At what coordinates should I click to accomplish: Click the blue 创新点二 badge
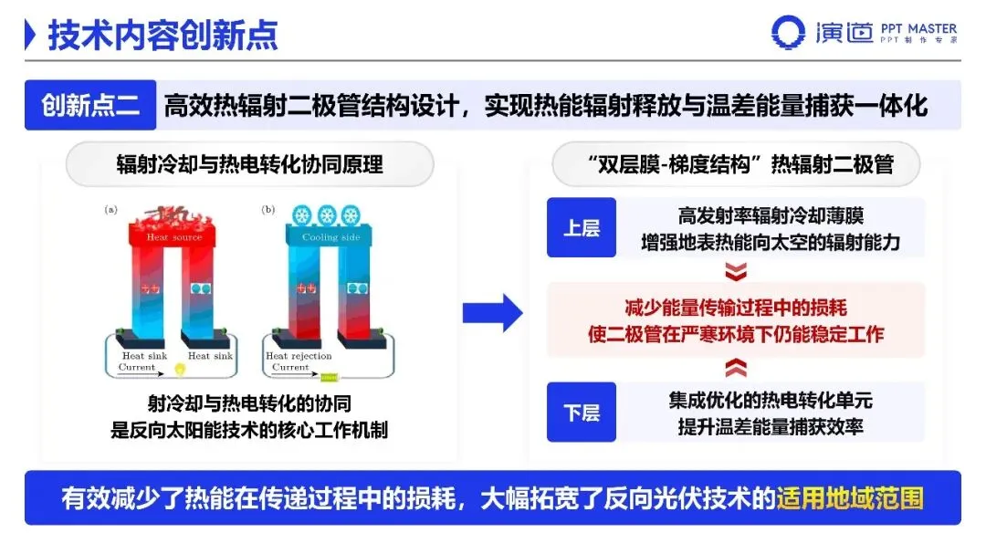(90, 106)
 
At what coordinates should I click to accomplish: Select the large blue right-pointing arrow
(492, 313)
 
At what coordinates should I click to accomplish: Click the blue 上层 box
(581, 227)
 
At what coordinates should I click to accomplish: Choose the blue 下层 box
(581, 413)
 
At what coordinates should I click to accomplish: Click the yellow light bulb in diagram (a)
(180, 370)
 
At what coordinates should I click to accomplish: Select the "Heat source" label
(174, 237)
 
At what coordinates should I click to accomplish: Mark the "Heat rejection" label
(299, 356)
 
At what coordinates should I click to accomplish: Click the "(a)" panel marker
(111, 209)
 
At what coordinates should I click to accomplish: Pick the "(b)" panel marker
(268, 209)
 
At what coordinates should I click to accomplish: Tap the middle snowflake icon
(328, 215)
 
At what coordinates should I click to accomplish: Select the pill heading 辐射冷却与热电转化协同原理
(249, 164)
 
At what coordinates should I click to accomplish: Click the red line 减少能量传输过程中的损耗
(736, 308)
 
